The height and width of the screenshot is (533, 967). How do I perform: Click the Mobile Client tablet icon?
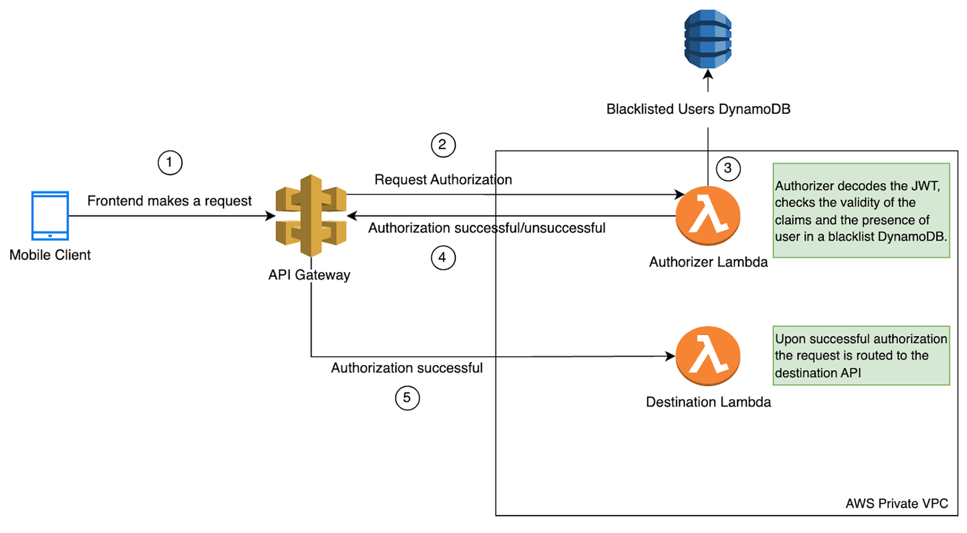50,216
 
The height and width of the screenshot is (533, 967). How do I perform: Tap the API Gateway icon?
311,216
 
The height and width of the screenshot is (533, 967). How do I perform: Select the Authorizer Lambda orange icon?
708,216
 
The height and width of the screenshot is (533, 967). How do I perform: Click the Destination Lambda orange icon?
708,356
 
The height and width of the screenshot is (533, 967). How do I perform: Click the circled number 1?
170,162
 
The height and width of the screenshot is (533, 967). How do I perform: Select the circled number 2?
443,145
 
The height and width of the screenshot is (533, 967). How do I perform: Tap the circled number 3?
728,169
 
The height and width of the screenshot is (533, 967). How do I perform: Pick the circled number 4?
443,258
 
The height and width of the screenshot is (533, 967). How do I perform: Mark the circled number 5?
407,398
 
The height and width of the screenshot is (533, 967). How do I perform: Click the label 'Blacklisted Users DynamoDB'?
698,109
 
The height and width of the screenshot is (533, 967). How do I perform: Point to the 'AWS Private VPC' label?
896,503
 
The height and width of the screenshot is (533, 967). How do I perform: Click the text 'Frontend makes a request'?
169,201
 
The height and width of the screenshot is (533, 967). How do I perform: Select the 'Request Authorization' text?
443,180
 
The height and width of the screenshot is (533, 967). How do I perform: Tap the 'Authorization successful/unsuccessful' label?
486,228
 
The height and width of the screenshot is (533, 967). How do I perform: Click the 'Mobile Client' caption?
50,255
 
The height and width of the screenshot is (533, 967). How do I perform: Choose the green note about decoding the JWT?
861,211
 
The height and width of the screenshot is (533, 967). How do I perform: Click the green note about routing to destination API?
861,355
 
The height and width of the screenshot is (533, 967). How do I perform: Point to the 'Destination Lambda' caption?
708,402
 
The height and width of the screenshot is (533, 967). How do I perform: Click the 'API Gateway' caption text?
309,275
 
